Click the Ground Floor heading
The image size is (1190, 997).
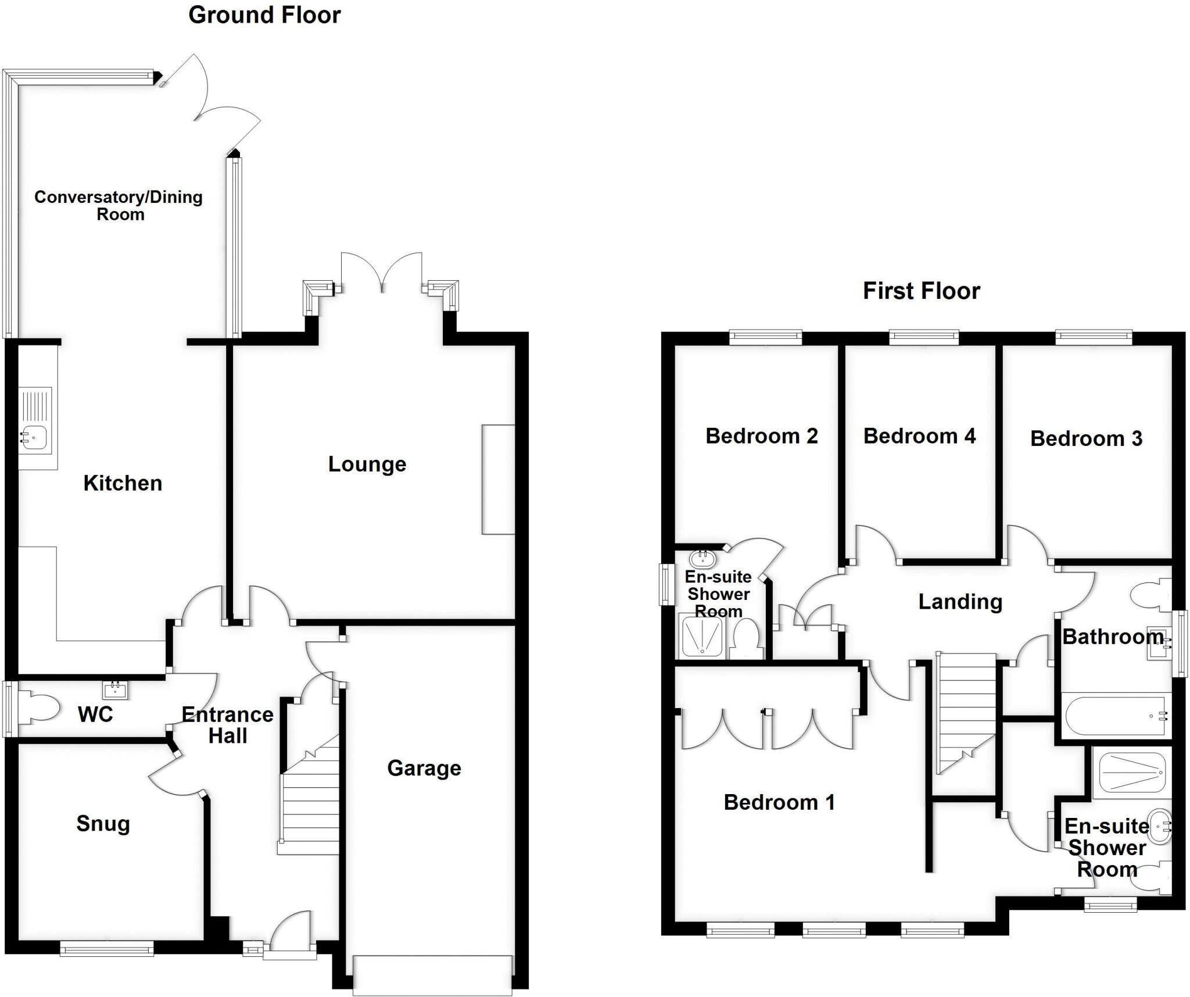tap(264, 15)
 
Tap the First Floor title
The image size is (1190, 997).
tap(921, 291)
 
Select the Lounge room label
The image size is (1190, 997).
tap(367, 464)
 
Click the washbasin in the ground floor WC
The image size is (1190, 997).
tap(114, 690)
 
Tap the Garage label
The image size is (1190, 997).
tap(424, 768)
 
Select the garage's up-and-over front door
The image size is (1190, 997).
tap(432, 975)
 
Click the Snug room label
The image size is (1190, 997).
tap(103, 823)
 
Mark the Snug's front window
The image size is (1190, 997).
tap(107, 949)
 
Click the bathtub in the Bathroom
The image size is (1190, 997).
tap(1114, 715)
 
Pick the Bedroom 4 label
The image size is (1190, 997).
tap(919, 436)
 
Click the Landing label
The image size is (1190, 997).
tap(960, 602)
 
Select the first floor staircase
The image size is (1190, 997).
tap(965, 709)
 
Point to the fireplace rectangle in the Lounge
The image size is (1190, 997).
tap(498, 479)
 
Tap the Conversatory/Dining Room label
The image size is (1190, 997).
tap(119, 205)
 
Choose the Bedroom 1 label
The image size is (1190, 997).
tap(779, 802)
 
